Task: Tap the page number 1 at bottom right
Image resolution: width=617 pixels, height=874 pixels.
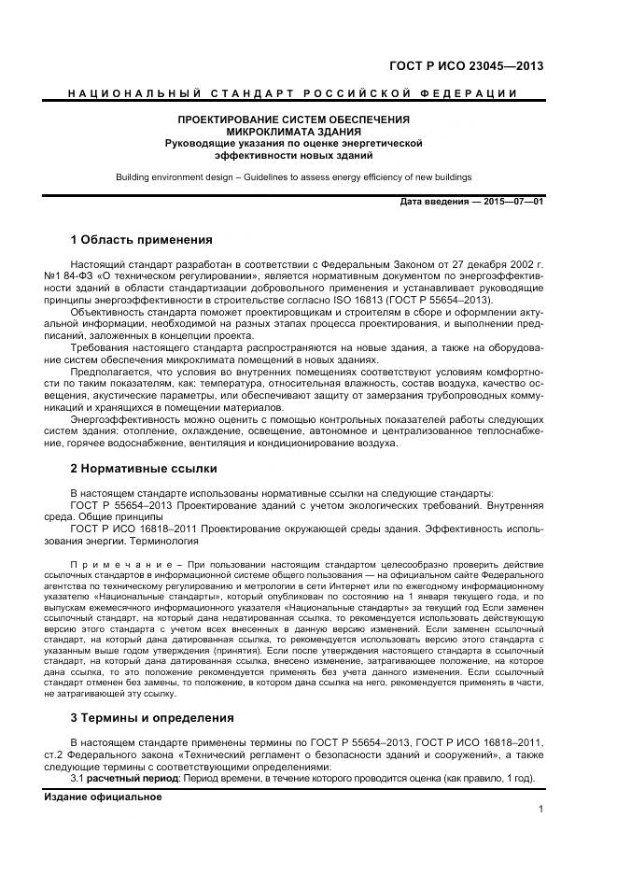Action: pos(540,811)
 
